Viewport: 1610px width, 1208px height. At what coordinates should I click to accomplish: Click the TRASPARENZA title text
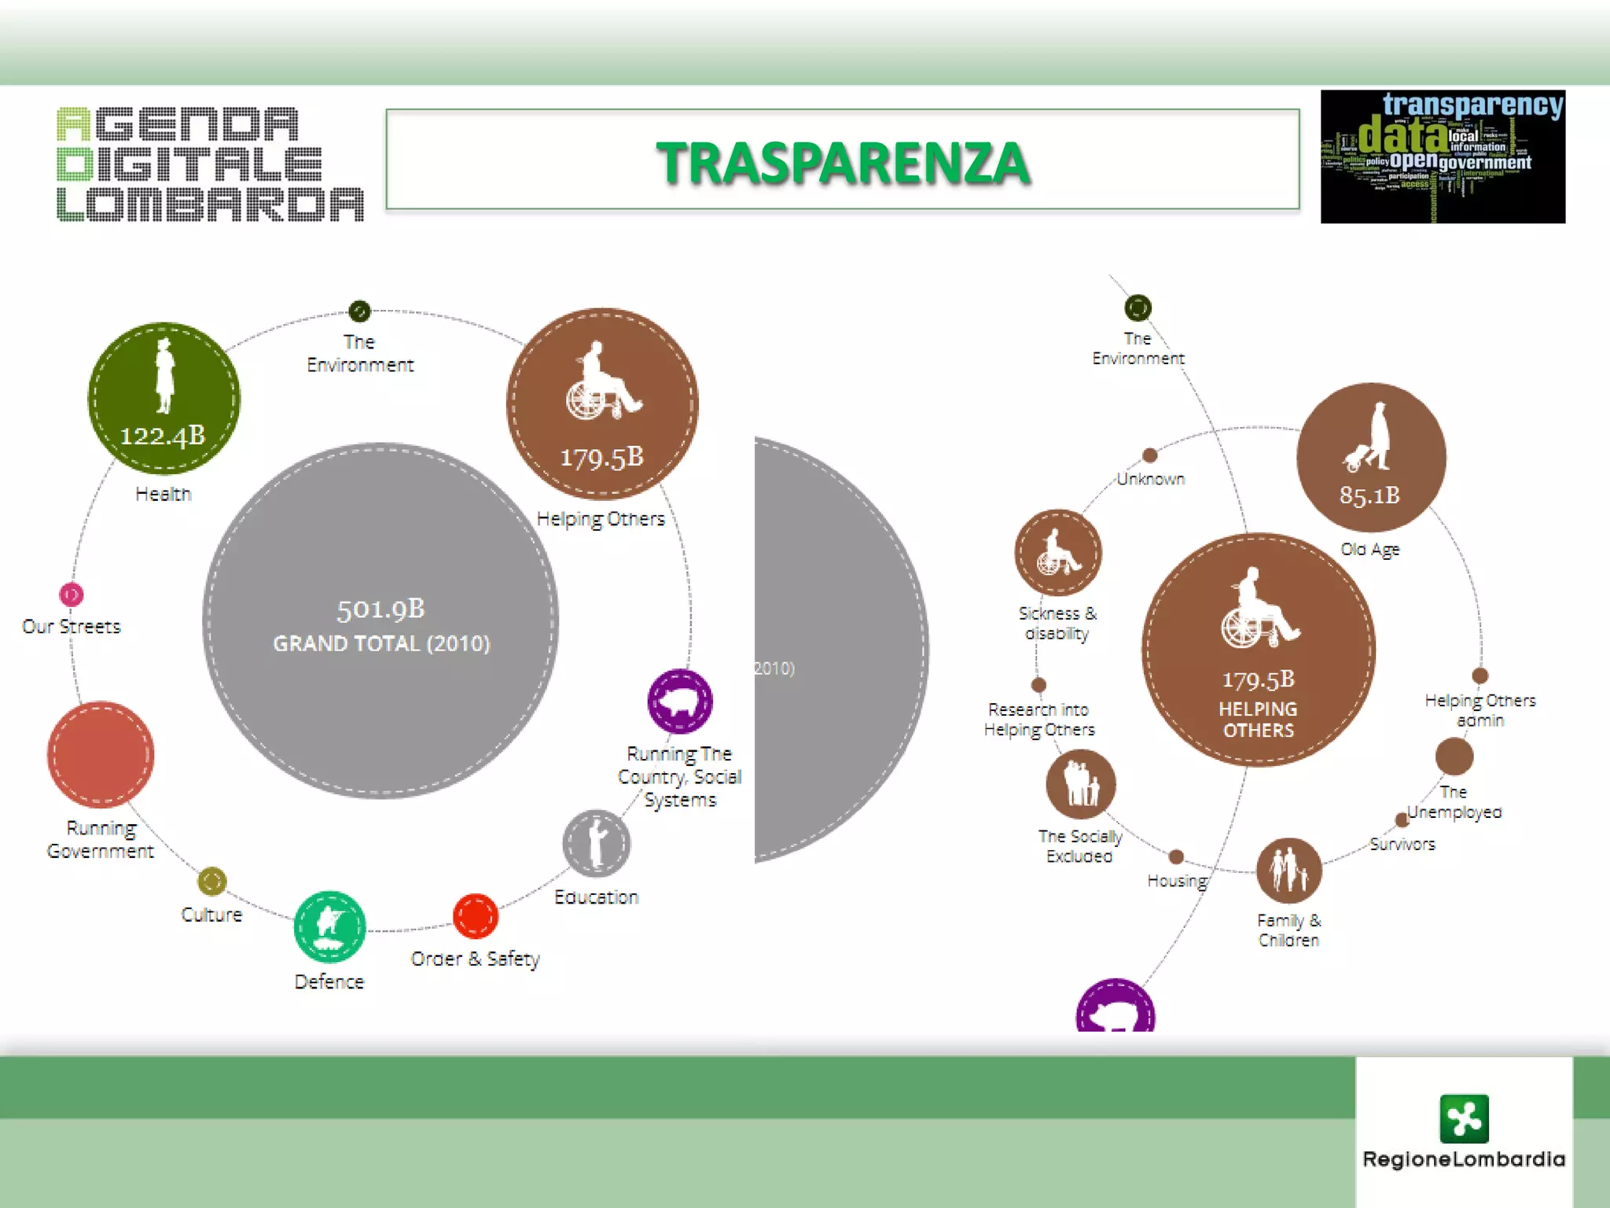click(x=843, y=163)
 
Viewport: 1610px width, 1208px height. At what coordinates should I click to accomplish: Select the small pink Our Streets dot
click(x=72, y=595)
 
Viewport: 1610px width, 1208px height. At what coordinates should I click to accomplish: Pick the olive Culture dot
click(x=212, y=882)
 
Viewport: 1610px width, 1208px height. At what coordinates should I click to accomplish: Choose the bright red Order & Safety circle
click(x=476, y=916)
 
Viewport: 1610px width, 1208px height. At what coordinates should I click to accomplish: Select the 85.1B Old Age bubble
click(x=1371, y=458)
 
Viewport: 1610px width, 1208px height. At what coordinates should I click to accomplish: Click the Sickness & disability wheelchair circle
click(x=1058, y=552)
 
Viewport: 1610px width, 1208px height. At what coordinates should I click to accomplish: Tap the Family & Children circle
click(x=1288, y=870)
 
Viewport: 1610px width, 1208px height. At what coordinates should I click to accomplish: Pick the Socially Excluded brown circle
click(x=1081, y=784)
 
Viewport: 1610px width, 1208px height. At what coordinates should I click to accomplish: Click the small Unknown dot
click(x=1150, y=455)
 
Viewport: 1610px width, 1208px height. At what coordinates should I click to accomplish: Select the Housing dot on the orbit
click(x=1176, y=856)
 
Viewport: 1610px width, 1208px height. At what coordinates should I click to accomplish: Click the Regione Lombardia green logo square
click(x=1464, y=1118)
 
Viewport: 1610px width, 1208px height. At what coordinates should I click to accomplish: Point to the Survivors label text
click(x=1402, y=845)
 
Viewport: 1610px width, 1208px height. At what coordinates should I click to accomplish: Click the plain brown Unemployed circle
click(x=1454, y=757)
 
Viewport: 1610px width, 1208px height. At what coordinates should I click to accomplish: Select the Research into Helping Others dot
click(x=1038, y=685)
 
